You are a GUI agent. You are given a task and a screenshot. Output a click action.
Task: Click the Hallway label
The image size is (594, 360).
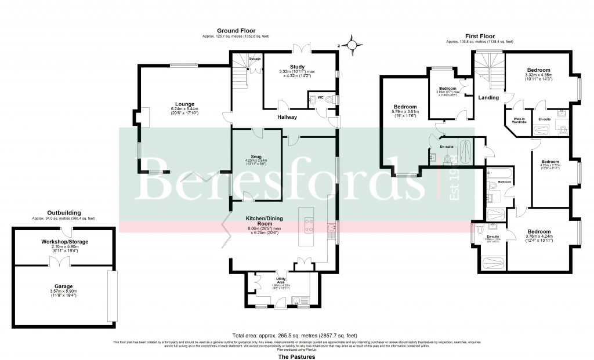point(287,117)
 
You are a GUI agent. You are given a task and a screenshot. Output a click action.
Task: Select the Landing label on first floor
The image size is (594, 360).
point(488,97)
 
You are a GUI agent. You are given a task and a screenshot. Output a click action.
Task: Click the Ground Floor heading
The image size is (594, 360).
point(236,30)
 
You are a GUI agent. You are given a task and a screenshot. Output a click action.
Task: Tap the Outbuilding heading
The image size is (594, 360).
point(64,213)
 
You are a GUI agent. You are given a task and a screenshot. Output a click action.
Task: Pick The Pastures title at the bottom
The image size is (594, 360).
point(296,357)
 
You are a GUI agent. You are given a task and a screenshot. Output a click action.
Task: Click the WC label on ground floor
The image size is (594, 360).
point(320,97)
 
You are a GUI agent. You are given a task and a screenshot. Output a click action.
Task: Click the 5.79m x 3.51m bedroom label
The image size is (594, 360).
point(405,107)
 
